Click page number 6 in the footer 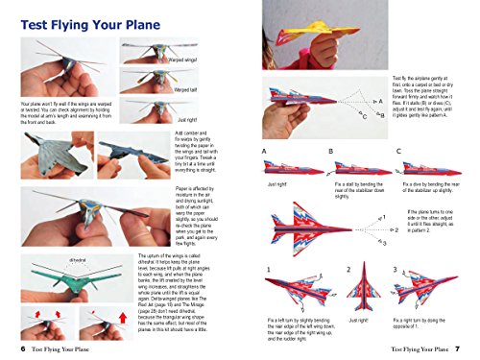[21, 349]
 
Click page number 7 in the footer [458, 349]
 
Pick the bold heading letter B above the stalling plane [330, 151]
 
